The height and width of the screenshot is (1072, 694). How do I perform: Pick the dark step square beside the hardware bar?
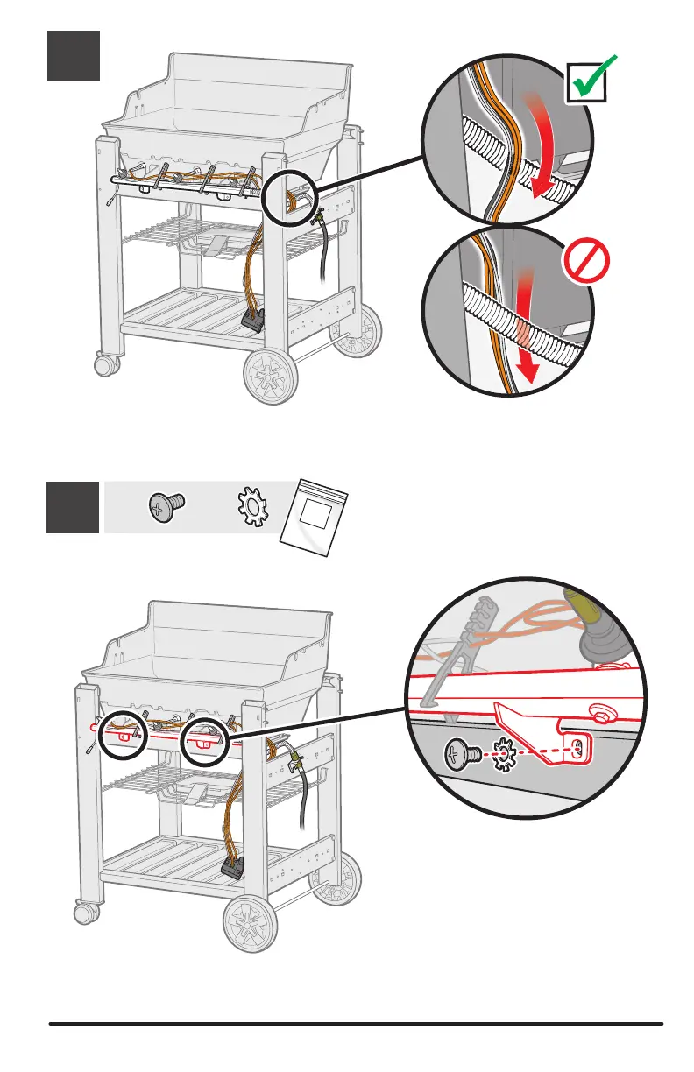coord(73,507)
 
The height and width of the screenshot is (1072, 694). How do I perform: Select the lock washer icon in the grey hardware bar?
coord(251,508)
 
